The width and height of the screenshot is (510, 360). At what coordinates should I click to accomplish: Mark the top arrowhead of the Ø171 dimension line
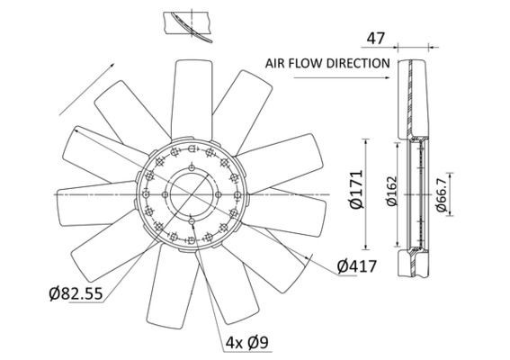[x=366, y=142]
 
